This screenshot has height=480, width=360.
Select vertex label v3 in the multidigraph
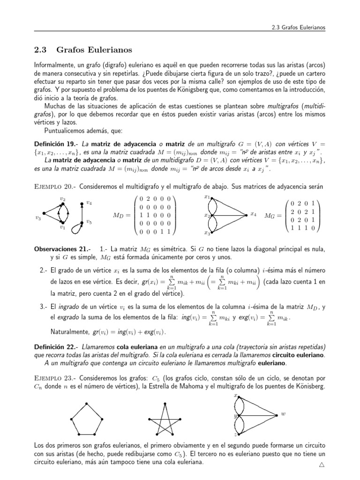pos(38,217)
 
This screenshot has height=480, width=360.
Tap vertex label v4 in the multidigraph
pos(89,203)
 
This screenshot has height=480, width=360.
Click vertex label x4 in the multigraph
pos(253,214)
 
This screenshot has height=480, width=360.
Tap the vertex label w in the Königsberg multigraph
pos(283,414)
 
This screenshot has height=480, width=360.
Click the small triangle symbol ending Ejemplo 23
pos(322,465)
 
